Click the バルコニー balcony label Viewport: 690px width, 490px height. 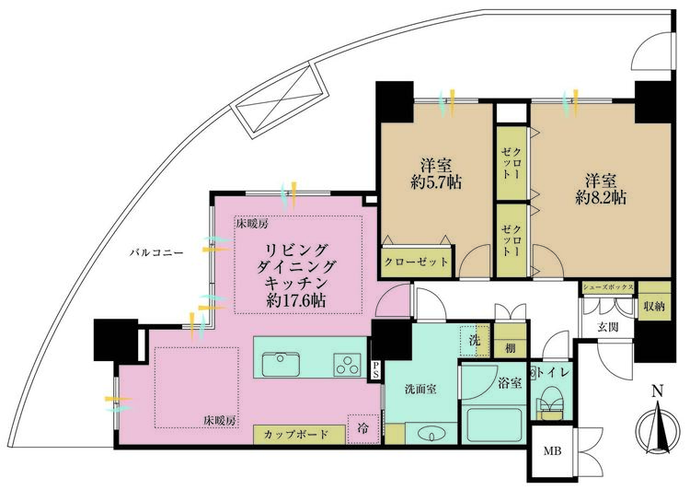point(156,253)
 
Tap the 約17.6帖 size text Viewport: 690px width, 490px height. point(296,300)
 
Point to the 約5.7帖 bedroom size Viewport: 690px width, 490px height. point(436,182)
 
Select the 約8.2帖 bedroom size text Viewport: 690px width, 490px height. point(601,197)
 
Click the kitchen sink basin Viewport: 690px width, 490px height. point(281,364)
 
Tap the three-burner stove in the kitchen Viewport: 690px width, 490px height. point(347,365)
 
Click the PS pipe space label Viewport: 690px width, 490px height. point(375,370)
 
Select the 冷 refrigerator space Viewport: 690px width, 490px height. point(363,428)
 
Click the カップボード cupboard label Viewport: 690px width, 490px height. point(296,435)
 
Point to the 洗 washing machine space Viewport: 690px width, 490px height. point(475,340)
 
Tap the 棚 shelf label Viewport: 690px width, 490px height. point(510,348)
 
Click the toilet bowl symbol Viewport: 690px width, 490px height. point(549,402)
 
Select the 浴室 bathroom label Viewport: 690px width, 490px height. point(510,383)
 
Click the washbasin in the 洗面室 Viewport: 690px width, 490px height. point(431,435)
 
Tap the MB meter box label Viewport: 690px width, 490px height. point(552,451)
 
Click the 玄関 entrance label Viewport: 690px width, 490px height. point(608,327)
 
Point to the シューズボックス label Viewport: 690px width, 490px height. point(608,286)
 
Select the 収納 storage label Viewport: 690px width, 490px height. point(654,306)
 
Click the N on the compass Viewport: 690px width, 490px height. point(658,391)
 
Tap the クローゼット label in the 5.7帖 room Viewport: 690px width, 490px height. point(417,262)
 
